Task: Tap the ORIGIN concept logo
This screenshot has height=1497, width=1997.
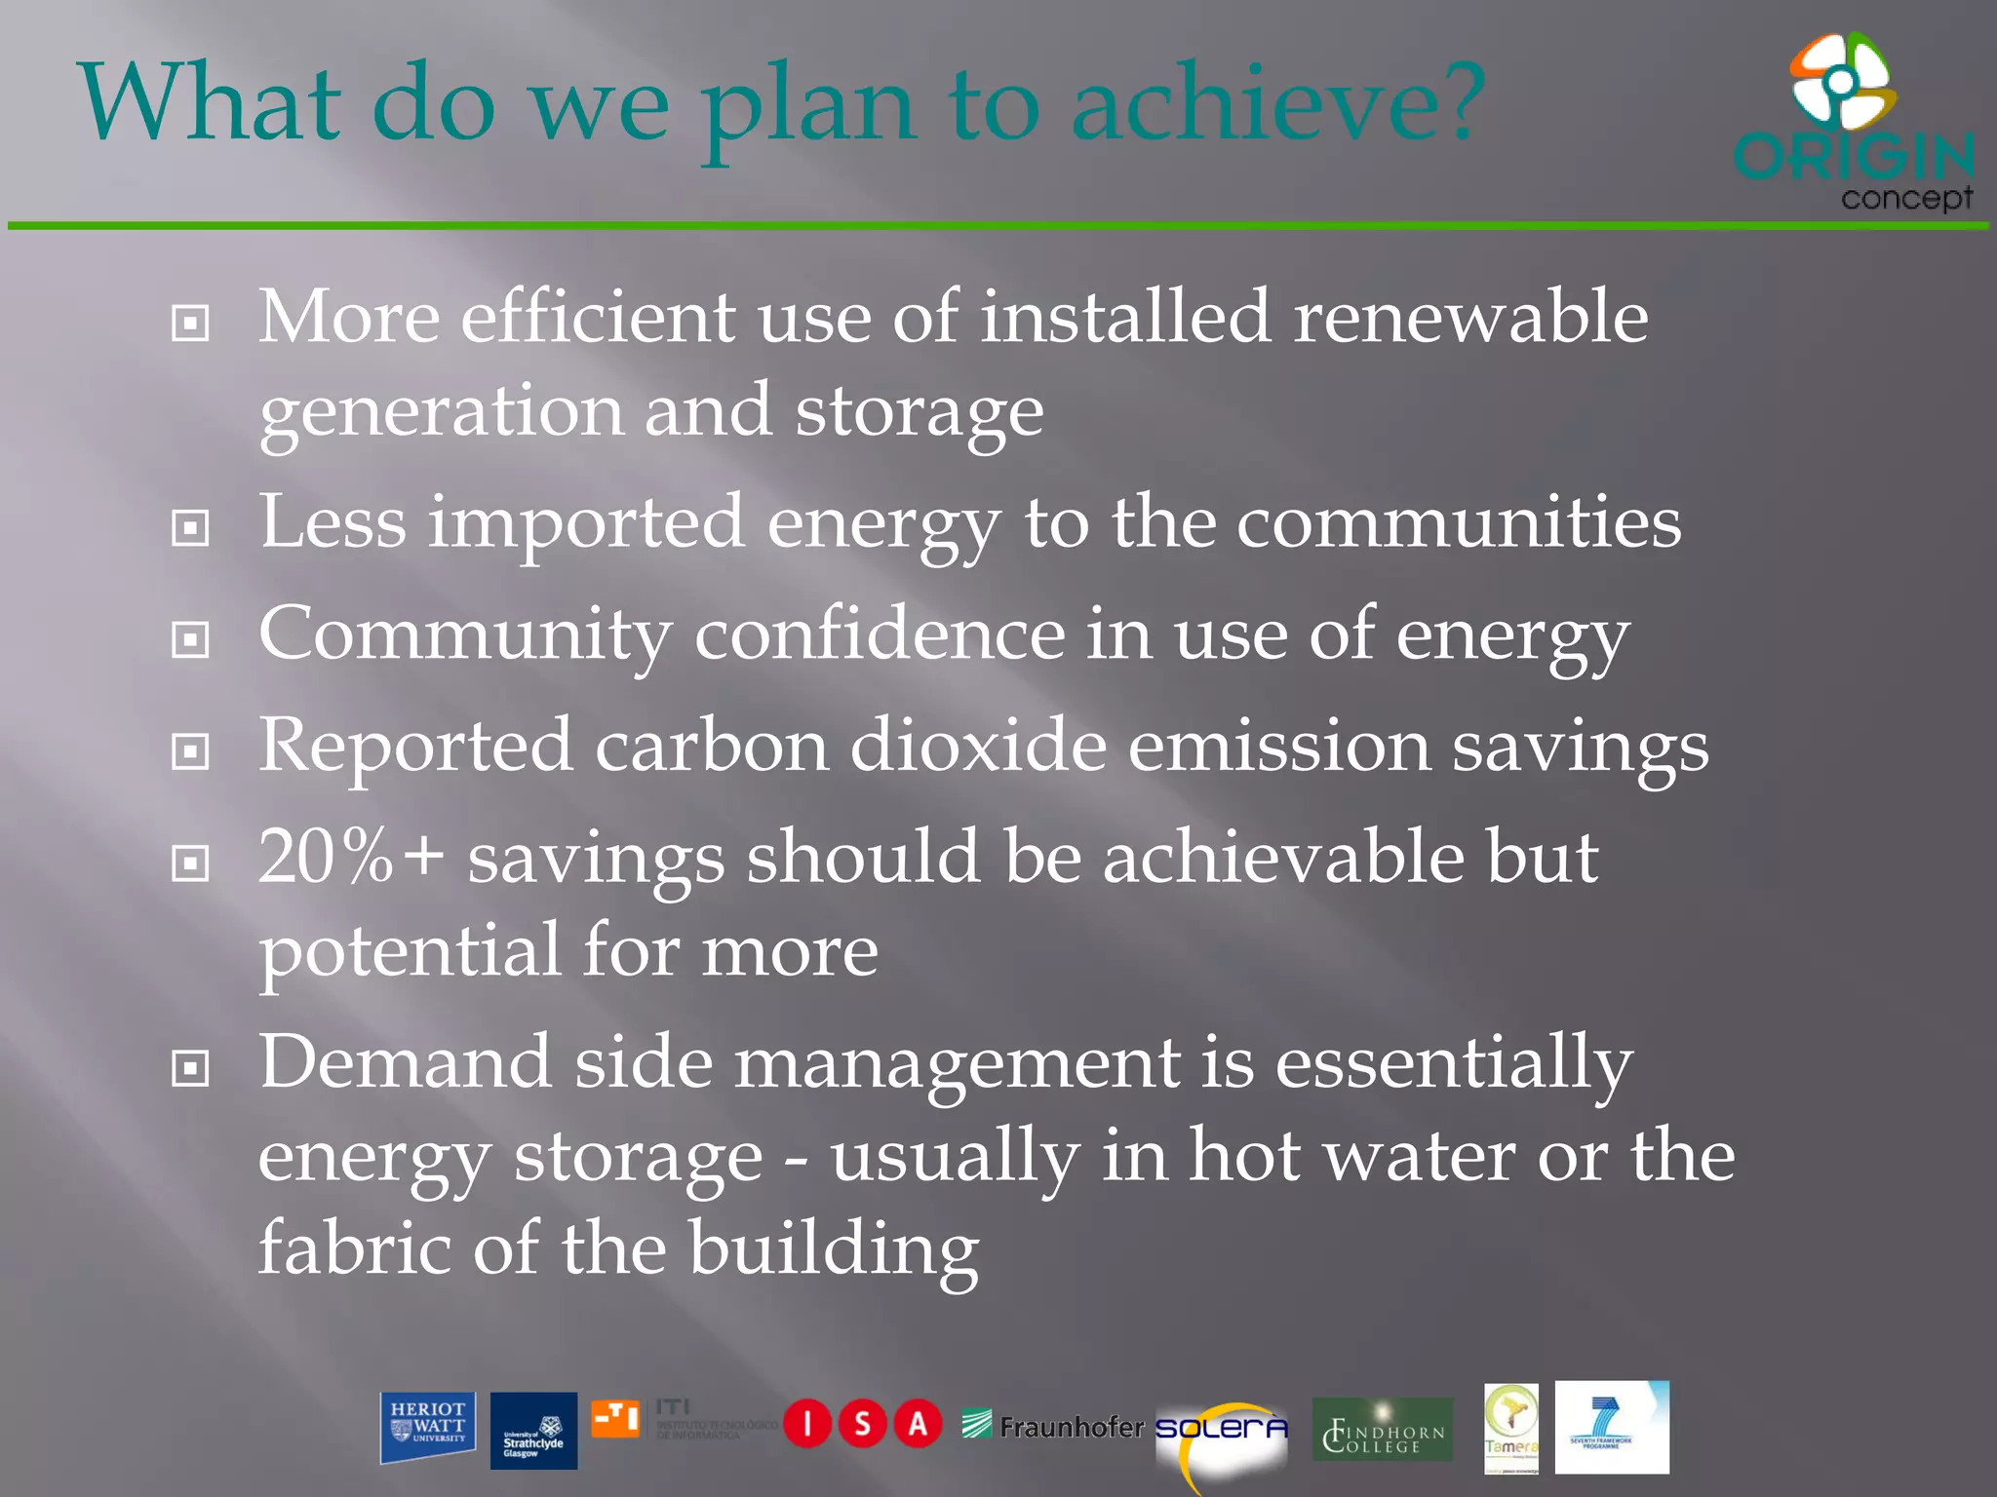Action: pos(1853,123)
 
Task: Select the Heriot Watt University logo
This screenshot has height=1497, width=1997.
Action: pos(427,1427)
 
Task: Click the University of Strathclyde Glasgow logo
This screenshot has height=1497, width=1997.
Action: pos(533,1431)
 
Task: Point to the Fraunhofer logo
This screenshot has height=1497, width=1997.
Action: pos(1053,1427)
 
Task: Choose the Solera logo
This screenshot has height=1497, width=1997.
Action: pos(1221,1431)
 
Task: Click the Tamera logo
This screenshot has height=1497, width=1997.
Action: pos(1510,1428)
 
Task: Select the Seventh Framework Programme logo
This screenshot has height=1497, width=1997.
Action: pos(1611,1427)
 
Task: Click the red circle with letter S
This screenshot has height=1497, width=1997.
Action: pos(862,1425)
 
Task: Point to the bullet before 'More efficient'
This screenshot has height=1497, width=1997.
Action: pos(190,323)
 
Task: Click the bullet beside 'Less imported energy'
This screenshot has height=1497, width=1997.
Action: pos(190,528)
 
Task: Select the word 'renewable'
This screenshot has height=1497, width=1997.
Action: pos(1469,318)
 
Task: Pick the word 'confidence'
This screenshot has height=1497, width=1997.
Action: pos(880,634)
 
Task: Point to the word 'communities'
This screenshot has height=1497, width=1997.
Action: pos(1459,523)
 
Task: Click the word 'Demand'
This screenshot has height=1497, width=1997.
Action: pos(404,1062)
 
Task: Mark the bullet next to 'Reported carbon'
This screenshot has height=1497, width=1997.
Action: pos(190,751)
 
